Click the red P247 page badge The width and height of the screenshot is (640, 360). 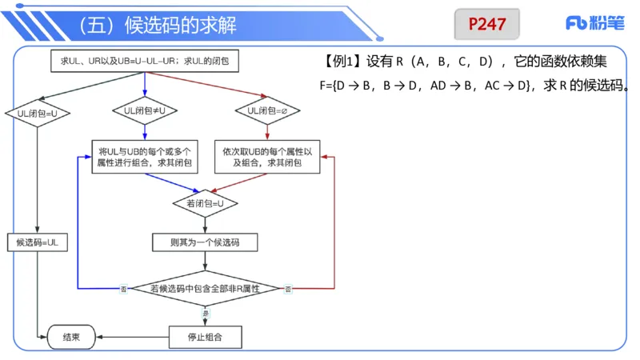click(x=486, y=24)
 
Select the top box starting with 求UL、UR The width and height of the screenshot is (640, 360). click(x=145, y=61)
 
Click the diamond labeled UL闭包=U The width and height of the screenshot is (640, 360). click(x=38, y=114)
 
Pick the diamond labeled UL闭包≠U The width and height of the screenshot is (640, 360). click(x=145, y=110)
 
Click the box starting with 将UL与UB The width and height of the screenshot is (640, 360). click(x=144, y=157)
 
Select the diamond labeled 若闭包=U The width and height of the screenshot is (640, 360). click(x=206, y=203)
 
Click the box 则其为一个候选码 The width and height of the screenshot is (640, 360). click(x=206, y=242)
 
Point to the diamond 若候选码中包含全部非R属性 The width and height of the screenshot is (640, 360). click(x=206, y=288)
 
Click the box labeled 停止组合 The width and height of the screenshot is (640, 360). click(x=206, y=338)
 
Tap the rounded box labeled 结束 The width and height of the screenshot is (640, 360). click(x=71, y=338)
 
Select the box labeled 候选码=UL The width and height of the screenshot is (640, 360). click(x=38, y=242)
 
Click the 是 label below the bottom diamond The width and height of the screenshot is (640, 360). click(x=206, y=313)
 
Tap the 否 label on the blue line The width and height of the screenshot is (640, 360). click(x=123, y=289)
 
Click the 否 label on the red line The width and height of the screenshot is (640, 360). click(x=288, y=289)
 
